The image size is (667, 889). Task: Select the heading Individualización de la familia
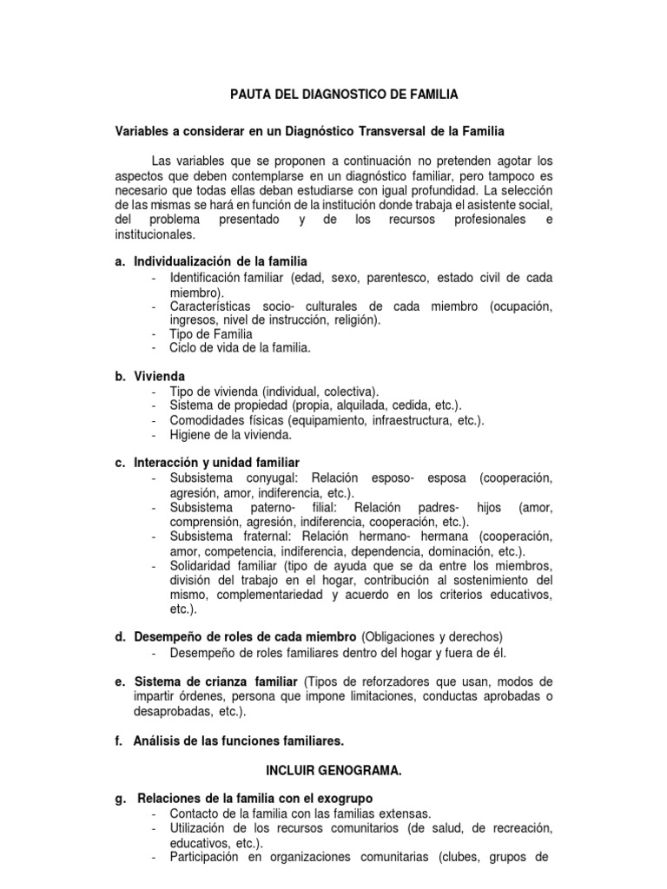(x=221, y=261)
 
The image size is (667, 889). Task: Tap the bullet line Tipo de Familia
(x=211, y=333)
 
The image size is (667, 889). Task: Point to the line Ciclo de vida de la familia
(x=240, y=347)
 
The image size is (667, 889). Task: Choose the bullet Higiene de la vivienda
(x=231, y=434)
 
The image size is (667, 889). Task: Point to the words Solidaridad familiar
(x=223, y=565)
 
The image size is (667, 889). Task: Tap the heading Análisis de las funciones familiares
(x=239, y=741)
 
